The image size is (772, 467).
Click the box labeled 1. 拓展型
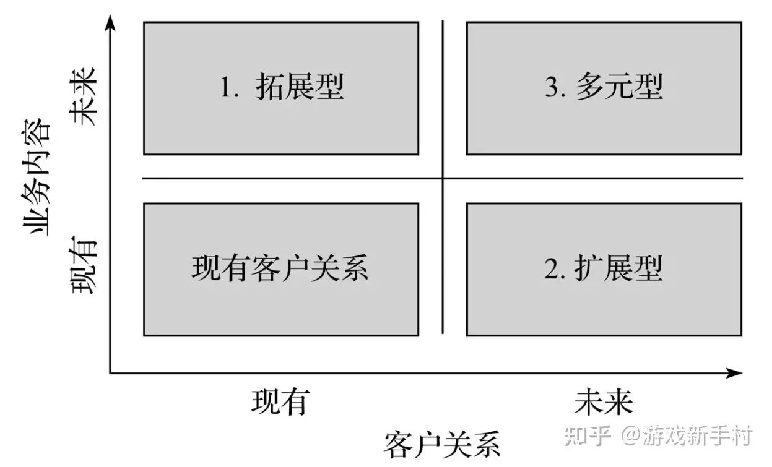coord(281,88)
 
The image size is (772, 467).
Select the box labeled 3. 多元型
coord(604,88)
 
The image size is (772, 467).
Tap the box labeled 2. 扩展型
coord(604,270)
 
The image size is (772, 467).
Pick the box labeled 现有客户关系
coord(281,270)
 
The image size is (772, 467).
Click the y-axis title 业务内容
coord(35,177)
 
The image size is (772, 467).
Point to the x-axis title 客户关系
coord(442,445)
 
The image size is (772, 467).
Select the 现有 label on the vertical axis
coord(84,265)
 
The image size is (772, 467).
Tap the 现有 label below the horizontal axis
coord(280,401)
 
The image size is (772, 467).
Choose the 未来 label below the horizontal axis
coord(604,401)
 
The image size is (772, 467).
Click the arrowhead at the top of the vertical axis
coord(110,23)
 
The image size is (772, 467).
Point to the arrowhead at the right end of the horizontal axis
coord(734,373)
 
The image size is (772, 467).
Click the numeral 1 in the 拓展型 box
coord(225,87)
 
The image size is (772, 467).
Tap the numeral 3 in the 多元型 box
coord(552,87)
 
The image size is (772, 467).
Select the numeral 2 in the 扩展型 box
coord(552,268)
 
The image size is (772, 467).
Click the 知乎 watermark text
coord(588,435)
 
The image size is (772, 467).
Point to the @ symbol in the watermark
coord(631,435)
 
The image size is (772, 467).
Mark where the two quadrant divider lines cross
coord(443,178)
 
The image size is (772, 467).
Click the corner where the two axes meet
coord(110,373)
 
